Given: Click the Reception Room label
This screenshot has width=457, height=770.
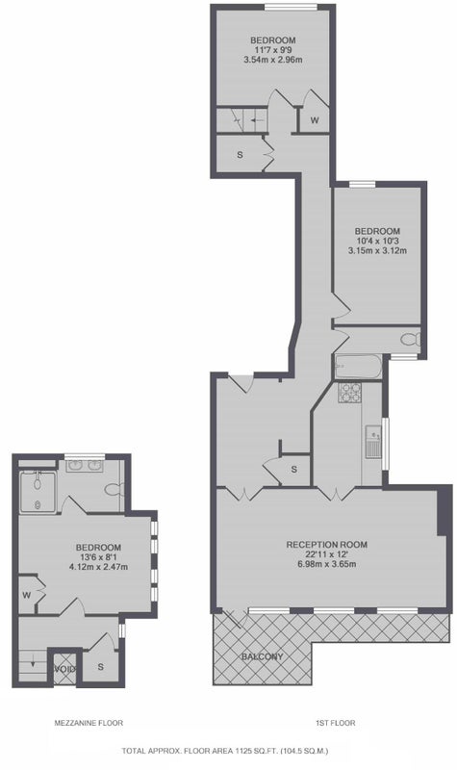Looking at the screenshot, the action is click(x=327, y=544).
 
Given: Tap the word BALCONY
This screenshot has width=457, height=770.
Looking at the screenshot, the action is click(x=262, y=656).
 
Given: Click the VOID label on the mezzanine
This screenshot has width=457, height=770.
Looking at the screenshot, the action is click(x=64, y=669).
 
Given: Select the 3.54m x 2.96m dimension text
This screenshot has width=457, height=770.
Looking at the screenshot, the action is click(x=273, y=60).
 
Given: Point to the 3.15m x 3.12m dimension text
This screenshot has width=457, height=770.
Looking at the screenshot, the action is click(x=377, y=250).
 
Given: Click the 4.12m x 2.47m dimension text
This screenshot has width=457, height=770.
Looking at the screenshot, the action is click(x=99, y=567).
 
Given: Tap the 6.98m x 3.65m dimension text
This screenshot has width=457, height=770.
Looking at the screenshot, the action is click(x=327, y=564).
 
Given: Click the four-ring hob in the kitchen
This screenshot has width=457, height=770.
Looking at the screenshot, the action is click(x=350, y=393).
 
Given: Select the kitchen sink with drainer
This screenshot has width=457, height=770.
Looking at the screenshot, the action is click(x=373, y=442).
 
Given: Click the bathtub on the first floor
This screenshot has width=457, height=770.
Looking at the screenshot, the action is click(x=357, y=367).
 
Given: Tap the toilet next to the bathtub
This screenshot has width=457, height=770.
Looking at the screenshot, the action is click(x=410, y=340).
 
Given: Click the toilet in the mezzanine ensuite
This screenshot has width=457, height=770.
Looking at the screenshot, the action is click(x=114, y=489).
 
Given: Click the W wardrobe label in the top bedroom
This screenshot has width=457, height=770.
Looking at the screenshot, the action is click(x=315, y=119).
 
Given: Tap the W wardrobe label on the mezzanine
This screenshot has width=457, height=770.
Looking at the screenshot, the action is click(x=27, y=595).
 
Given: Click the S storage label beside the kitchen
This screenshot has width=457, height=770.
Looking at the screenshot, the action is click(x=294, y=470).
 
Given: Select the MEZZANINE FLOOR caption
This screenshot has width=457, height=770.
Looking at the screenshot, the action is click(x=89, y=723).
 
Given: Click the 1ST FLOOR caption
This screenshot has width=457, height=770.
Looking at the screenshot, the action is click(x=335, y=723).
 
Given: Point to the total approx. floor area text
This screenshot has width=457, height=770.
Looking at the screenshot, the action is click(x=225, y=751).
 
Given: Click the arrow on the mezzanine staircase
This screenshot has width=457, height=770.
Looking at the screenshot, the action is click(x=33, y=663).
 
